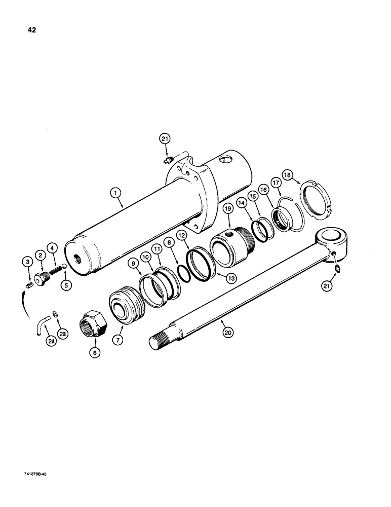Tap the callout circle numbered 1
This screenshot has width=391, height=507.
coord(116,193)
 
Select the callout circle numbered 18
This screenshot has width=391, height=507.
coord(288,175)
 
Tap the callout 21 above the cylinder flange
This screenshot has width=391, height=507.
coord(166,138)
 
